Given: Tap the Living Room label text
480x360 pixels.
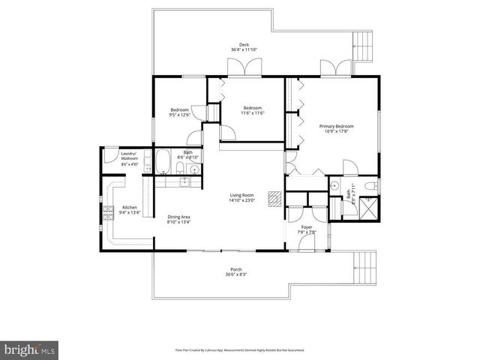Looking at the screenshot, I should [242, 196].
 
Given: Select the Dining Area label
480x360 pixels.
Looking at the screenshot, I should [178, 217].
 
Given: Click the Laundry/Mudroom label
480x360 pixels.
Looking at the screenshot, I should [130, 155].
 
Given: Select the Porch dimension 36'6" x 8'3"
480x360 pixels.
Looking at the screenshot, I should [235, 274].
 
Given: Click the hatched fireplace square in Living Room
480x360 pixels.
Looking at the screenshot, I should [275, 197].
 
